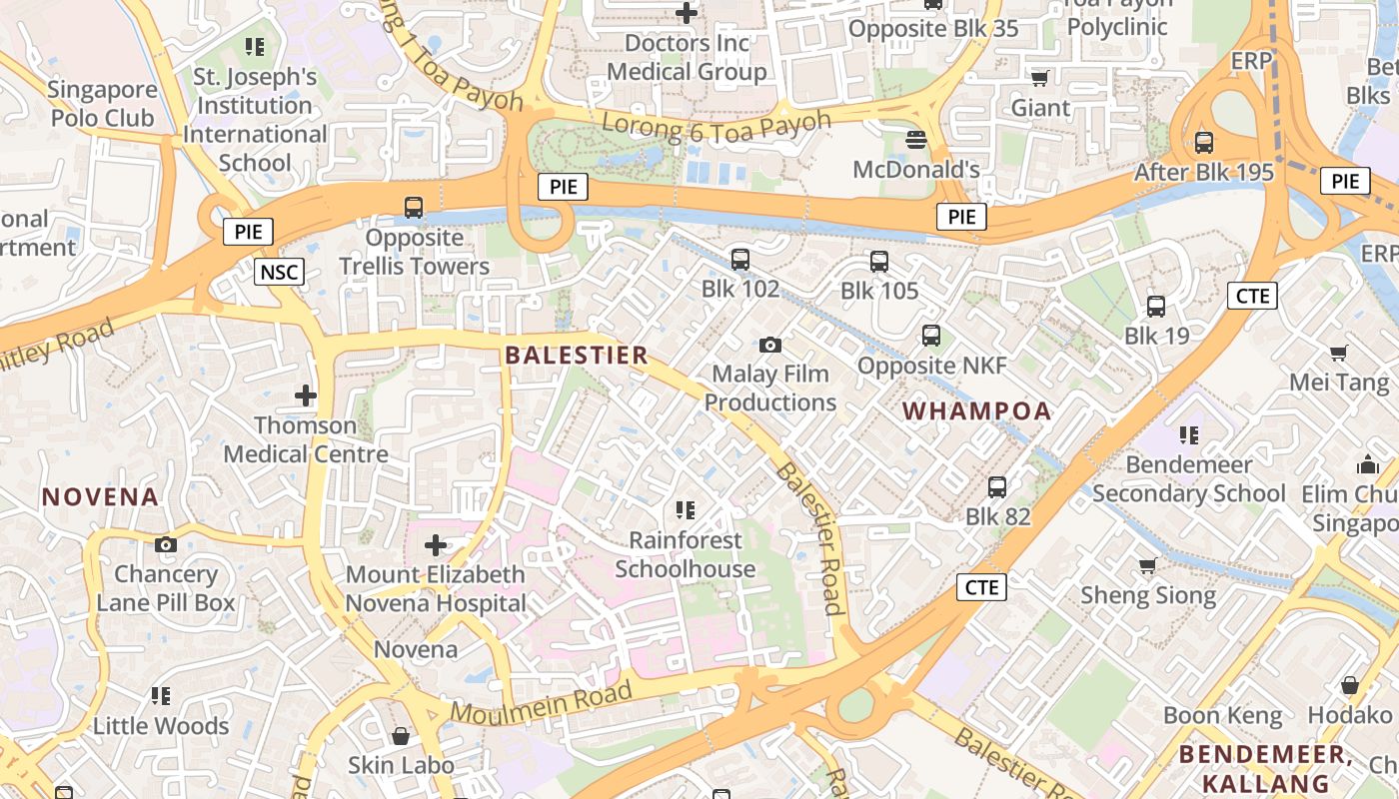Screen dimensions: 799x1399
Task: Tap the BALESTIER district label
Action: [577, 356]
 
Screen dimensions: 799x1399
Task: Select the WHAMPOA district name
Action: [977, 411]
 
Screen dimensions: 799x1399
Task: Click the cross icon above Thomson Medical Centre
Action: [306, 396]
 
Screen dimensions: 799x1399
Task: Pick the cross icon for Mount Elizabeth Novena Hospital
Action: [436, 545]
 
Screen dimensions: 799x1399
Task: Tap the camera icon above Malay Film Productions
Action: [769, 345]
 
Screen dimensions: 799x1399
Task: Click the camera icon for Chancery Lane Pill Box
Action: [166, 544]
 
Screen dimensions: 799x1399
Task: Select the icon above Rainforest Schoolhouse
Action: [686, 510]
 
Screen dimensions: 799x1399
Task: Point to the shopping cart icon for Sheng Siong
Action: [1148, 566]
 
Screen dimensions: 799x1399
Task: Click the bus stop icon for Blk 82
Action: [996, 487]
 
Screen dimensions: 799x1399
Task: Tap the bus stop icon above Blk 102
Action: [739, 260]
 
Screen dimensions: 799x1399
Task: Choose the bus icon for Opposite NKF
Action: [931, 336]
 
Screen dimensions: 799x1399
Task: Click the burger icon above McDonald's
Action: [916, 140]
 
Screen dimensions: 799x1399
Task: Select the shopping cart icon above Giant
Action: [1040, 78]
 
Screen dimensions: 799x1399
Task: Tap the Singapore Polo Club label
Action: [102, 104]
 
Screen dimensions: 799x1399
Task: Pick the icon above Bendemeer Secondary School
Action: [1188, 434]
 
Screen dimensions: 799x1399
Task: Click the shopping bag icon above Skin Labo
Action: [401, 736]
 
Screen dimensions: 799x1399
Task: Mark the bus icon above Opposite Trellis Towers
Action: [414, 208]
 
